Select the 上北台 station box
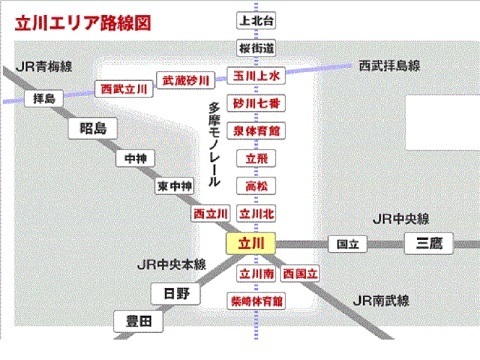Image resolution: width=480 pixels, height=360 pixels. click(257, 19)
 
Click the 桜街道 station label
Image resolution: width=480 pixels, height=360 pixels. click(257, 47)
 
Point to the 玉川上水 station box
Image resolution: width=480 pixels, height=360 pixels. click(258, 75)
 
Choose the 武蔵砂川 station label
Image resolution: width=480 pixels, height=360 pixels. click(186, 80)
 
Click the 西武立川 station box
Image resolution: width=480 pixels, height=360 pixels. click(123, 89)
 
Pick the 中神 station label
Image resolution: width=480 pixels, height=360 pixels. click(135, 159)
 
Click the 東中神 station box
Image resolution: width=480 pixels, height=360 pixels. click(174, 186)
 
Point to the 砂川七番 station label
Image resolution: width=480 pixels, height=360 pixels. click(257, 103)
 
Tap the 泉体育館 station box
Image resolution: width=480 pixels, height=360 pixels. click(257, 130)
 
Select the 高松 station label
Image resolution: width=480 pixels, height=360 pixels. click(257, 185)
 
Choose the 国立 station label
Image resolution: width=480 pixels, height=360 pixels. click(347, 243)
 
